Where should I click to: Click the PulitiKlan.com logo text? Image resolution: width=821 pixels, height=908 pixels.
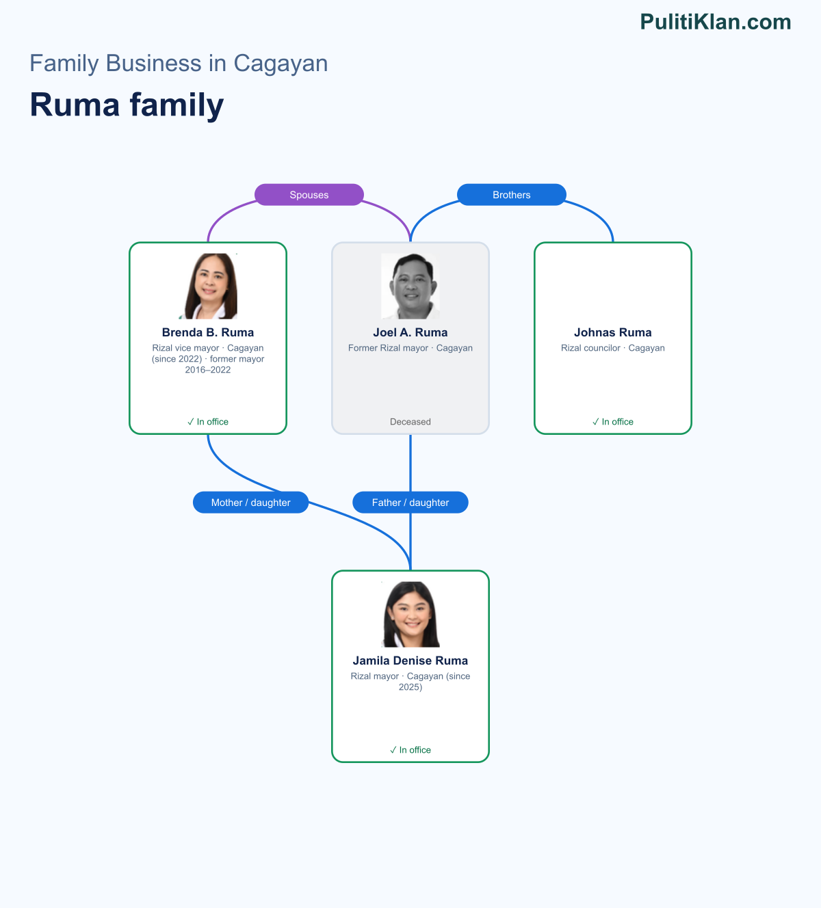(x=716, y=22)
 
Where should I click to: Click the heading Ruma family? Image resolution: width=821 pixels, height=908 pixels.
(x=127, y=105)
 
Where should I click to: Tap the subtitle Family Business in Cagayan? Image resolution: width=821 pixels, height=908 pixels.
(x=179, y=63)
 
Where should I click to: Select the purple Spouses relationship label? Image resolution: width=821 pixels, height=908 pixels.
(x=309, y=195)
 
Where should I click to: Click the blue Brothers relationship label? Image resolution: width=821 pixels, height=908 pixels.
(x=512, y=195)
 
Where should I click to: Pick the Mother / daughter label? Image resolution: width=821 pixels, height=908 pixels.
(x=250, y=503)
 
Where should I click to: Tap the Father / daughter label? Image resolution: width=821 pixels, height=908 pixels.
(x=410, y=503)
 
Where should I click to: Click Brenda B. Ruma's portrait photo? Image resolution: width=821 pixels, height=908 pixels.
(x=208, y=286)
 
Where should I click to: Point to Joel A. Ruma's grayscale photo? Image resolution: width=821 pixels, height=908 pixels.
(x=410, y=286)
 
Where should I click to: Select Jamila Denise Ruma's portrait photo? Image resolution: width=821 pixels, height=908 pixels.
(x=410, y=614)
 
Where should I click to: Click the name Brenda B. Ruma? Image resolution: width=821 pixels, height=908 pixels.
(x=208, y=332)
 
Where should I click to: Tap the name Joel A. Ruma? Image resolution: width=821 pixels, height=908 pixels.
(x=410, y=332)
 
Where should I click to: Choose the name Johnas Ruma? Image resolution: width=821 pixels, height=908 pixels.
(x=613, y=332)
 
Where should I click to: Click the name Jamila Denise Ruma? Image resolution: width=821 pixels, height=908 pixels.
(x=410, y=660)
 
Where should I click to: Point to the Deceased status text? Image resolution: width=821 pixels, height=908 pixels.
(x=410, y=421)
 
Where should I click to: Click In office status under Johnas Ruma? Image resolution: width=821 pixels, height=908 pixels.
(x=613, y=421)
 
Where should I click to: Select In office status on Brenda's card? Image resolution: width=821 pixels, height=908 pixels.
(x=208, y=421)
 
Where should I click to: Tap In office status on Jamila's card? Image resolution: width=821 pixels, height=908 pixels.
(x=410, y=749)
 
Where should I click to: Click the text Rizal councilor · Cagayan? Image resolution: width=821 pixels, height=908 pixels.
(x=613, y=347)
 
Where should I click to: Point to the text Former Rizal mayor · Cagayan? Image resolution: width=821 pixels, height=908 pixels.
(x=410, y=347)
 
